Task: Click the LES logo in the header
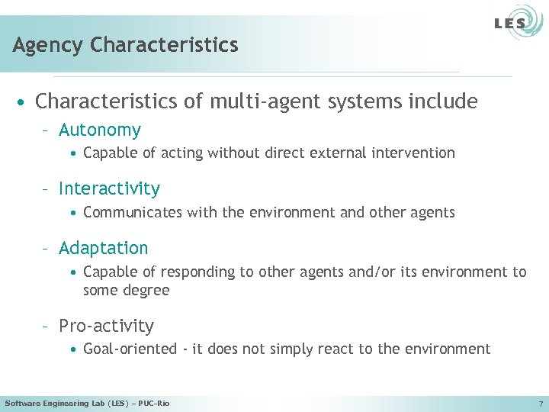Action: tap(509, 23)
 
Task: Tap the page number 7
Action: tap(540, 403)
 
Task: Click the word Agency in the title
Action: tap(48, 45)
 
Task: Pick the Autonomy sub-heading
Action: tap(99, 130)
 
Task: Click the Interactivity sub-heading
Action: tap(109, 188)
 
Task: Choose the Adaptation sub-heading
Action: tap(103, 248)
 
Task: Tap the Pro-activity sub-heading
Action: tap(106, 326)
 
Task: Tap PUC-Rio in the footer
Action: tap(153, 403)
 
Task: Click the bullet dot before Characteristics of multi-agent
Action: tap(25, 102)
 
